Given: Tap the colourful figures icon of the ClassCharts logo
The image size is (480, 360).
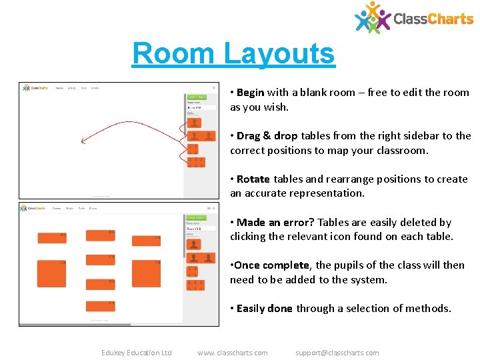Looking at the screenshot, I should [x=372, y=17].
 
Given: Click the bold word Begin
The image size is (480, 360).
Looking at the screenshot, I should [x=250, y=93].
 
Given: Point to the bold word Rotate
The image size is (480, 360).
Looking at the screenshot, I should [x=253, y=179].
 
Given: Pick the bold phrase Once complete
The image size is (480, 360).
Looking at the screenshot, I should [x=271, y=265].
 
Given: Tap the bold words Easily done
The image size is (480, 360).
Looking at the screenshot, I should [x=264, y=308].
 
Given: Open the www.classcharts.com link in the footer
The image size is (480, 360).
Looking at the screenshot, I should [x=233, y=353].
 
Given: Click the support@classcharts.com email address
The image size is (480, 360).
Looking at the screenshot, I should [x=337, y=353].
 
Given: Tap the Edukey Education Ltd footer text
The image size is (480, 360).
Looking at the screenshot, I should [x=136, y=353].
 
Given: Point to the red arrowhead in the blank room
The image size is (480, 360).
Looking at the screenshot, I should [x=83, y=141].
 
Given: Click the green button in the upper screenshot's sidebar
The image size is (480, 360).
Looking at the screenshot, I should [x=197, y=97].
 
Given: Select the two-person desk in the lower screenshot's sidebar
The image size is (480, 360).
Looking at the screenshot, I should [x=201, y=258].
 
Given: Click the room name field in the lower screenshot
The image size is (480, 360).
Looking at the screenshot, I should [x=201, y=229].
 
